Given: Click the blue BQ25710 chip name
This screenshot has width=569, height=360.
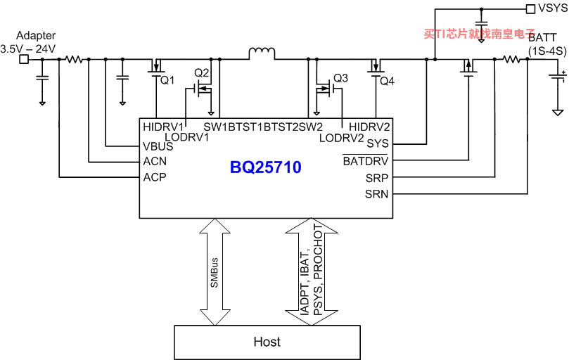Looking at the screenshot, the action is pyautogui.click(x=266, y=167).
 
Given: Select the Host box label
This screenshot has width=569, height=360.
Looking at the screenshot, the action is pyautogui.click(x=267, y=342).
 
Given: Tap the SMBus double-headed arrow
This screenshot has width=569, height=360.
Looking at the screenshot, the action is pyautogui.click(x=215, y=272).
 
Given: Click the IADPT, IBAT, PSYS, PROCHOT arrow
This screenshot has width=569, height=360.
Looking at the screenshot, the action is pyautogui.click(x=312, y=271).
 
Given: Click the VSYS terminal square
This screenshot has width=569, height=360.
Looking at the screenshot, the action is pyautogui.click(x=530, y=9).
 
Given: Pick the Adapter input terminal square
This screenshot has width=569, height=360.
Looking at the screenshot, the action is pyautogui.click(x=24, y=59).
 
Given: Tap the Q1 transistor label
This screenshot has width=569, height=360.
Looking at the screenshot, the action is pyautogui.click(x=167, y=80).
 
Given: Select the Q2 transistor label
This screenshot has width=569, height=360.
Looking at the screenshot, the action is pyautogui.click(x=201, y=73).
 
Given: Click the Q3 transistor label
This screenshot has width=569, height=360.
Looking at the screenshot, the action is pyautogui.click(x=340, y=78).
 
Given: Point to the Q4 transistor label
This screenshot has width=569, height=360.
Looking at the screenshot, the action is pyautogui.click(x=388, y=82).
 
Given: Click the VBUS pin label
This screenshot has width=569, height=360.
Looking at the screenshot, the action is pyautogui.click(x=158, y=147).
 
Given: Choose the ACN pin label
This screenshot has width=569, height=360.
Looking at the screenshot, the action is pyautogui.click(x=155, y=162).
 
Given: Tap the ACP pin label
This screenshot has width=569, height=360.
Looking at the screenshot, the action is pyautogui.click(x=155, y=177).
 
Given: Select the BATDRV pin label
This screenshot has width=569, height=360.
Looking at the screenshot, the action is pyautogui.click(x=366, y=161).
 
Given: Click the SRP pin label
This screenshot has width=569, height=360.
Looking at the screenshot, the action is pyautogui.click(x=377, y=178).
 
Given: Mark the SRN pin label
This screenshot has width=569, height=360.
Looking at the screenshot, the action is pyautogui.click(x=377, y=194).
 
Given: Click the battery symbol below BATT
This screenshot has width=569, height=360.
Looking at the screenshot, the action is pyautogui.click(x=558, y=77).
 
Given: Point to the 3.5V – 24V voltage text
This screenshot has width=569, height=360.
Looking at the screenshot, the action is pyautogui.click(x=28, y=49).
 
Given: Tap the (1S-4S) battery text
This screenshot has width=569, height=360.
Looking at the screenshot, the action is pyautogui.click(x=547, y=51).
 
